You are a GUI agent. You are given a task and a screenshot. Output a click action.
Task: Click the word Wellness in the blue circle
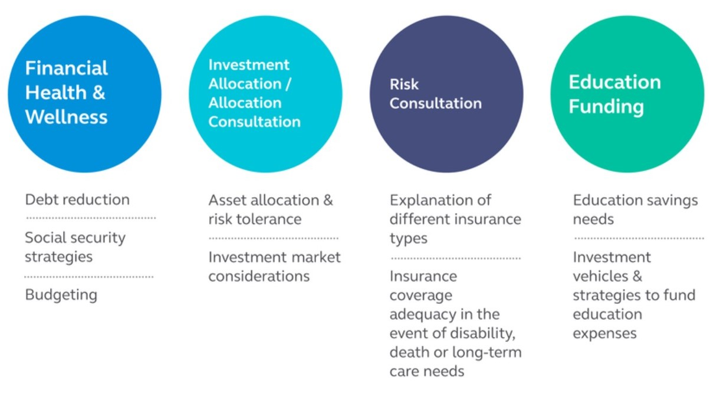tap(66, 117)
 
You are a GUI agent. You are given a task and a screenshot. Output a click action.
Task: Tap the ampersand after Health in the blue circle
tap(98, 93)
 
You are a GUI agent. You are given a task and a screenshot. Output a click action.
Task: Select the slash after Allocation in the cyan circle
tap(288, 84)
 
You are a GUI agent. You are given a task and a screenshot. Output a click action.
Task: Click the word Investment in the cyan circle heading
tap(249, 65)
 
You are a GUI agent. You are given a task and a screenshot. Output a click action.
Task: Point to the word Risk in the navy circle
tap(404, 84)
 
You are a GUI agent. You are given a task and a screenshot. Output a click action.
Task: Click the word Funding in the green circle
tap(606, 107)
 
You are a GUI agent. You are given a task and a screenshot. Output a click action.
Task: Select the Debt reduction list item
tap(77, 199)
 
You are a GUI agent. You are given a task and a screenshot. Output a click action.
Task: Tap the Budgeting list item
tap(61, 295)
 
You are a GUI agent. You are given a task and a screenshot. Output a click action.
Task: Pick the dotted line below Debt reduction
tap(91, 218)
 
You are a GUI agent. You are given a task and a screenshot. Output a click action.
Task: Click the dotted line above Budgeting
tap(89, 277)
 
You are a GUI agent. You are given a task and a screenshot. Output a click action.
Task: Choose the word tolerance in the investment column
tap(269, 220)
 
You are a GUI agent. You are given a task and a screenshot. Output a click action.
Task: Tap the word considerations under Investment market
tap(259, 276)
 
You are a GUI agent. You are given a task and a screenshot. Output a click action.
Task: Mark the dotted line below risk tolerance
tap(274, 238)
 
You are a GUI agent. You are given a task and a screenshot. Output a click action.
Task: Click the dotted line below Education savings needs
tap(639, 238)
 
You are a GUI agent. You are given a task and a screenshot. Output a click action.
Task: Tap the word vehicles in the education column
tap(600, 276)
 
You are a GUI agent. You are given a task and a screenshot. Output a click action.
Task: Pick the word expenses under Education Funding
tap(604, 334)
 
